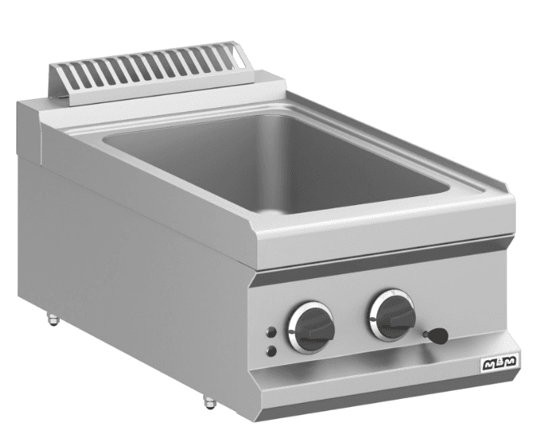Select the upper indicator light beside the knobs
click(272, 332)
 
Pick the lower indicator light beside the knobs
click(272, 351)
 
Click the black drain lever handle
click(436, 335)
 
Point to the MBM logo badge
click(499, 363)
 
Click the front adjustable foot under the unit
click(210, 402)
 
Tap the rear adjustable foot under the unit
click(53, 319)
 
